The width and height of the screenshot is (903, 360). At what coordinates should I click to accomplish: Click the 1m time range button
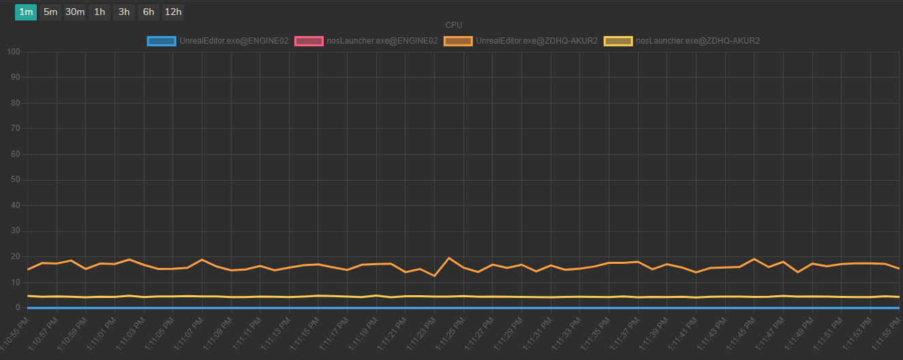(26, 12)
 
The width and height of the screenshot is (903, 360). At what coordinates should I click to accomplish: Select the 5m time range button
(50, 12)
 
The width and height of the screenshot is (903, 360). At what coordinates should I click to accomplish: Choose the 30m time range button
(75, 12)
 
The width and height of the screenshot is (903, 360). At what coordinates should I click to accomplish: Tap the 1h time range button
(100, 12)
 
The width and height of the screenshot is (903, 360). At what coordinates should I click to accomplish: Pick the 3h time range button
(124, 12)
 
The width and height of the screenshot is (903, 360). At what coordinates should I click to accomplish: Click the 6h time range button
(149, 12)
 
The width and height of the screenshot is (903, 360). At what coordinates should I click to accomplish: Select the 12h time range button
(173, 12)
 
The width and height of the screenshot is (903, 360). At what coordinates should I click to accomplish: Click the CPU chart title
(454, 25)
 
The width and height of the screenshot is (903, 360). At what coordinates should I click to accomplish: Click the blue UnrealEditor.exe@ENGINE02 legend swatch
(162, 41)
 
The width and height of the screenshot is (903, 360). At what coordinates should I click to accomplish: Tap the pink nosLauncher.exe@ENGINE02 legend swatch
(309, 41)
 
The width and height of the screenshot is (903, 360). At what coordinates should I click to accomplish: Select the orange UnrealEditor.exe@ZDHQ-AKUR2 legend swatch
(458, 41)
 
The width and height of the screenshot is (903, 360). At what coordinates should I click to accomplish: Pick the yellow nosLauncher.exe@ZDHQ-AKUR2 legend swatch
(618, 41)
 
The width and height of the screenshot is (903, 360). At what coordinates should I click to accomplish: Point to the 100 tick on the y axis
(14, 52)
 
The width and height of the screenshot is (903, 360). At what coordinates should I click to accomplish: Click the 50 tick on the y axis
(16, 180)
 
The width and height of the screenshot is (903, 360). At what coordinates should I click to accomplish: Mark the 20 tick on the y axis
(16, 257)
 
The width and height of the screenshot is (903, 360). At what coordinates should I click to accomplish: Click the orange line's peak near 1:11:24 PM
(449, 258)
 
